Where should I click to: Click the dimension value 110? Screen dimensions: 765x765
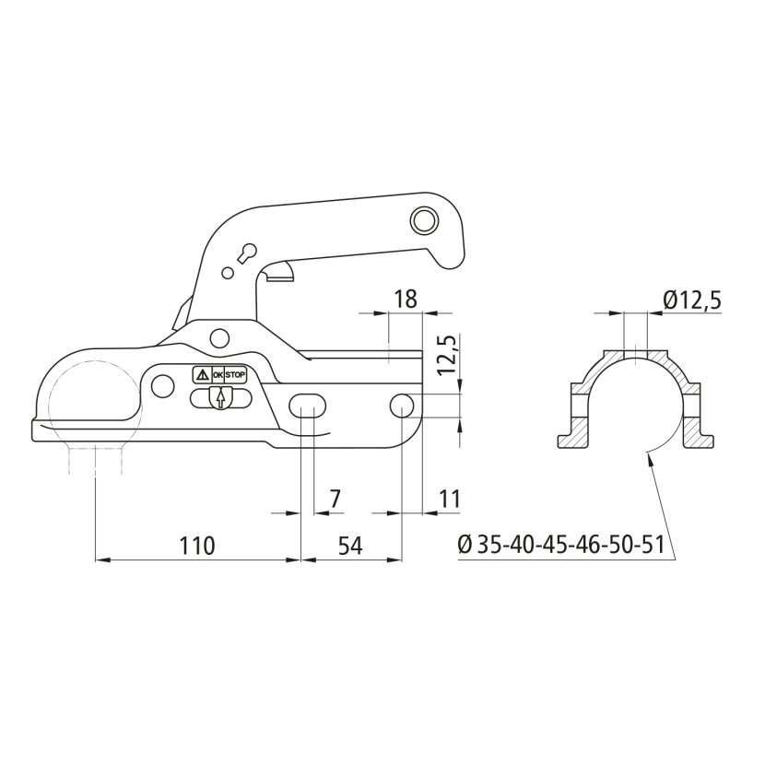(x=197, y=546)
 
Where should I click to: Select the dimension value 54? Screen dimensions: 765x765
(x=350, y=546)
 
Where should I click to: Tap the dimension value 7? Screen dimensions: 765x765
(x=335, y=500)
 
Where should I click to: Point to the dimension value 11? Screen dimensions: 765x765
(x=450, y=500)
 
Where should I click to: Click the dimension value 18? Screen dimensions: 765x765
(x=406, y=299)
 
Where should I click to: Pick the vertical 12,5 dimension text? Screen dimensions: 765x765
(x=447, y=355)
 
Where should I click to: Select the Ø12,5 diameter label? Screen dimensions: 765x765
(x=692, y=301)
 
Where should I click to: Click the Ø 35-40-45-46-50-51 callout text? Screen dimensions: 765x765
(x=561, y=545)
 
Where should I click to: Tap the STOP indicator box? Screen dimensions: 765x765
(x=236, y=375)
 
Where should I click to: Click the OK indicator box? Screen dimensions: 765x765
(x=218, y=375)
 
